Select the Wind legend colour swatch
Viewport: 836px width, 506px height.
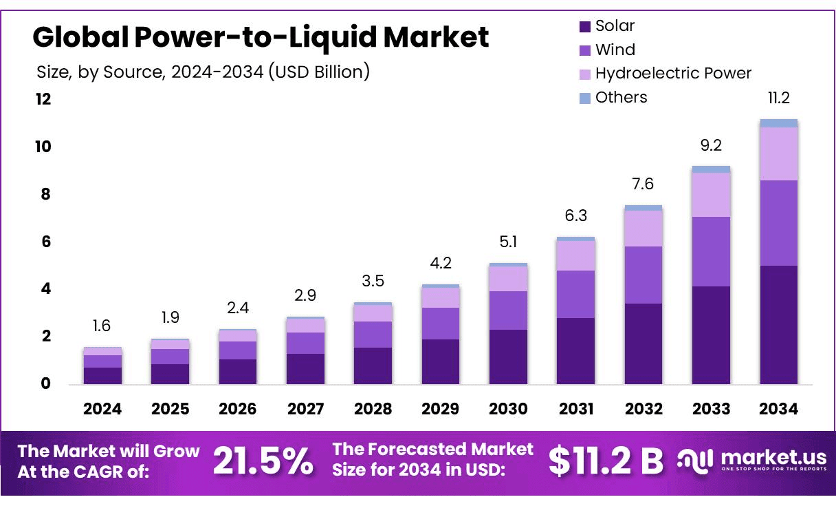pos(585,50)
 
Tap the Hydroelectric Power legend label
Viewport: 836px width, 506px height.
pos(673,74)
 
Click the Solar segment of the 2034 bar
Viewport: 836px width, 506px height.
pos(778,324)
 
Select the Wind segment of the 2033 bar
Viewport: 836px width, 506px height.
pos(711,251)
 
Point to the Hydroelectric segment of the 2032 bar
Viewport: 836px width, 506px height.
pos(643,228)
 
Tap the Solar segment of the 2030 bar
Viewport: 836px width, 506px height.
pos(508,357)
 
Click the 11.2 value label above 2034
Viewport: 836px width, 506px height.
pos(778,98)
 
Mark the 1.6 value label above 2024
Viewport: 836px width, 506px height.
pos(102,326)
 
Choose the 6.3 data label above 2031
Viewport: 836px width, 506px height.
pos(576,216)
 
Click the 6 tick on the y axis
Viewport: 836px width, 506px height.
pos(46,242)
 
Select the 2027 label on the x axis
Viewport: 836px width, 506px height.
pos(305,409)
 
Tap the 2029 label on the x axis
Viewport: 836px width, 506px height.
pos(441,409)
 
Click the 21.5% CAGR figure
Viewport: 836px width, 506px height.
pos(263,461)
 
